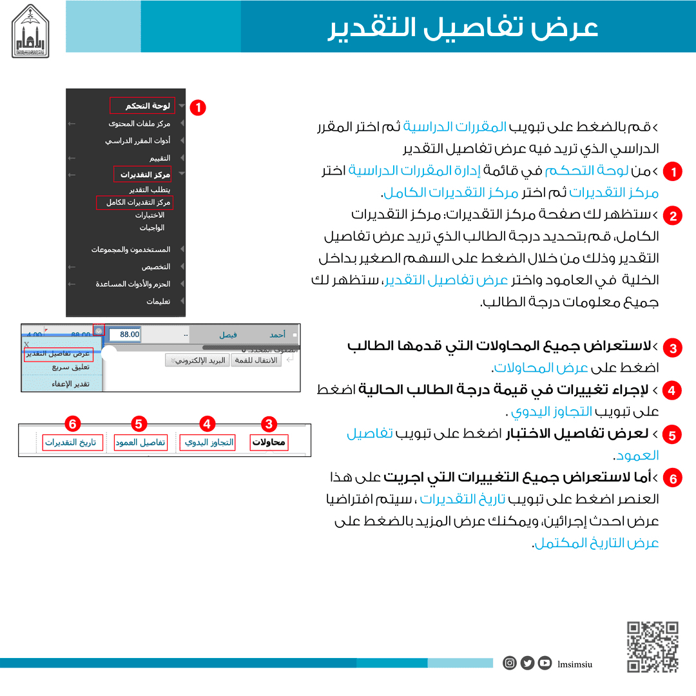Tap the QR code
click(x=653, y=646)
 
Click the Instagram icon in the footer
click(x=510, y=662)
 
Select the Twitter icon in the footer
click(x=527, y=662)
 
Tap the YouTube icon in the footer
click(x=545, y=662)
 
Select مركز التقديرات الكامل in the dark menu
click(x=137, y=202)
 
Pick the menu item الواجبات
click(x=152, y=227)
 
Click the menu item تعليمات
click(x=158, y=301)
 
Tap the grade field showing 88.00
click(x=124, y=334)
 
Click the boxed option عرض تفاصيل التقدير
click(x=59, y=354)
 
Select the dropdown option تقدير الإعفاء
click(x=70, y=384)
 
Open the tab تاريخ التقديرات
click(x=70, y=443)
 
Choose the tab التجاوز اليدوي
click(x=208, y=443)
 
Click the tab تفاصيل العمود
click(x=140, y=443)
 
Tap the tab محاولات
click(x=269, y=443)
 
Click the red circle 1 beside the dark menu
click(x=199, y=108)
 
